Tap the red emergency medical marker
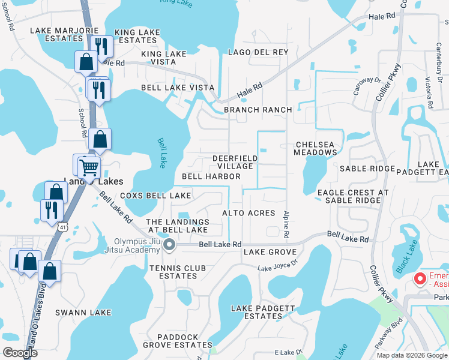[x=420, y=278]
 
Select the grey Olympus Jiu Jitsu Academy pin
[x=169, y=244]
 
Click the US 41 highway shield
[x=63, y=227]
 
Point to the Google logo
[x=20, y=352]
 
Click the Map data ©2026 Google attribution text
[x=411, y=355]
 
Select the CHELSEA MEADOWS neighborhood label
[x=315, y=148]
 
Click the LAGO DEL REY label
[x=258, y=52]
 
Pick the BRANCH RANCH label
[x=258, y=110]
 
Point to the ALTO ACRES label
[x=249, y=213]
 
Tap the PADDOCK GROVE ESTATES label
[x=177, y=341]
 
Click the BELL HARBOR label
[x=211, y=176]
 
